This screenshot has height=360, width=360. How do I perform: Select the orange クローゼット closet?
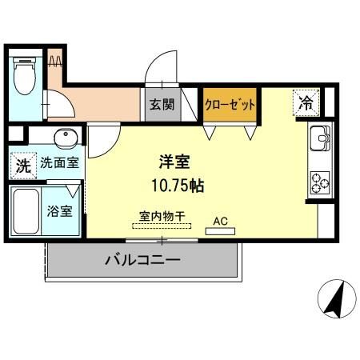[230, 105]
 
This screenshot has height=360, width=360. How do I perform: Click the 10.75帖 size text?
[177, 186]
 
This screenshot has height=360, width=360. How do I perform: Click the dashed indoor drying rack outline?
[163, 227]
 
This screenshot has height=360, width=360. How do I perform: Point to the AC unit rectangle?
[220, 231]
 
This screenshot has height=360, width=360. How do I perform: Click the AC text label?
[220, 218]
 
